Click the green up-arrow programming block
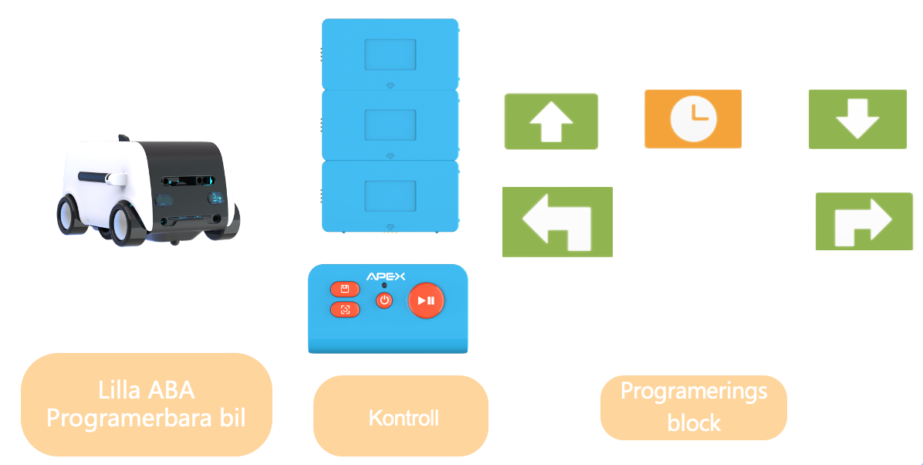[551, 121]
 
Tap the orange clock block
[692, 119]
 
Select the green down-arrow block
[857, 119]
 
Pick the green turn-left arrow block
[557, 222]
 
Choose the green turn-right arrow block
[864, 222]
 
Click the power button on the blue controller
[384, 300]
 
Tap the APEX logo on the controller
[385, 277]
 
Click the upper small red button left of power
[345, 289]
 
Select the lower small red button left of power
[345, 310]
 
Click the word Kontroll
[404, 418]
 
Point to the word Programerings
[694, 391]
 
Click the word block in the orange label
[694, 423]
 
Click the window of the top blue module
[390, 55]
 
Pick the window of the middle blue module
[390, 124]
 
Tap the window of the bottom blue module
[390, 195]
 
